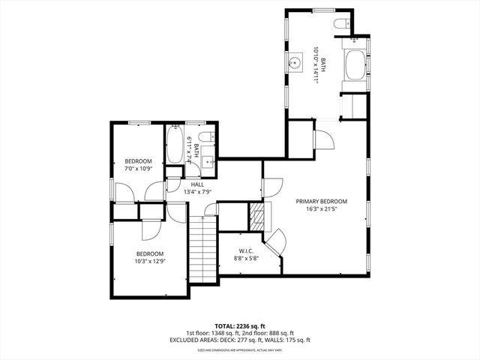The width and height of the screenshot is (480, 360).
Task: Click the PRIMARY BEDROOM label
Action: point(321,201)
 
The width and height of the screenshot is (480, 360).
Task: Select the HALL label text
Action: point(197,184)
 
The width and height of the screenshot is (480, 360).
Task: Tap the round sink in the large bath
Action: point(295,62)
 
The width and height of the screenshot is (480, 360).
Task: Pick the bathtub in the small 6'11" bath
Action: point(175,144)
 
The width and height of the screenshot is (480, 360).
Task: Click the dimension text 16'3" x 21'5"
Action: point(321,209)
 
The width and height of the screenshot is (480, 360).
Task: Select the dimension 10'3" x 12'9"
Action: point(150,261)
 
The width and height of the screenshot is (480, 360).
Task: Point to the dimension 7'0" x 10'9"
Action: point(139,169)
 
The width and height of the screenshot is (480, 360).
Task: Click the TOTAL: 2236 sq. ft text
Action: point(239,325)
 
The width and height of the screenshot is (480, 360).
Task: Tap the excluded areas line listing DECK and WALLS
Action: point(239,340)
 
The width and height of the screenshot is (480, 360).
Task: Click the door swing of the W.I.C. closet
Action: point(274,241)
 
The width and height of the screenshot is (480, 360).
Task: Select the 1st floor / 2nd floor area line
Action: point(239,333)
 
